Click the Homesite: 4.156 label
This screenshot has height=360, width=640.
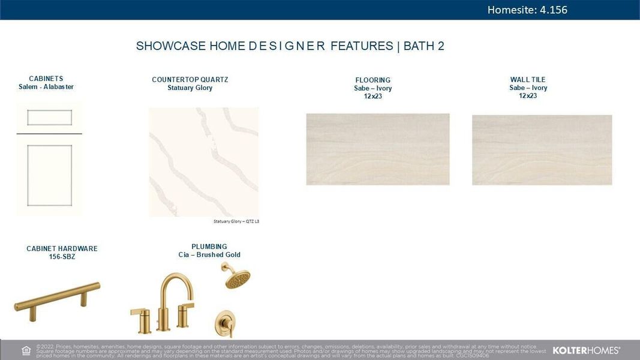[527, 10]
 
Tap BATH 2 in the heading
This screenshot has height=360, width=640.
[424, 46]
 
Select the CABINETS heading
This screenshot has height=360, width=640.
[46, 79]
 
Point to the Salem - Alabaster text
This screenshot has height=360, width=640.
[46, 87]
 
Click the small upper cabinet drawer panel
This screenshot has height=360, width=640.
[49, 118]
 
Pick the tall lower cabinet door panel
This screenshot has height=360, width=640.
[49, 175]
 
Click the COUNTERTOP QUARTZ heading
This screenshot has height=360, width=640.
[190, 80]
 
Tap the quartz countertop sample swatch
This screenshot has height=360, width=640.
[203, 162]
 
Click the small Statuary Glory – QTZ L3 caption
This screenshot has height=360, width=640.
[236, 221]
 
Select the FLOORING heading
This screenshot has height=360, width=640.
[372, 80]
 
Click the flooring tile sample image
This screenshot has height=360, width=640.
[377, 149]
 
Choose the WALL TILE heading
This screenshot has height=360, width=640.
[528, 80]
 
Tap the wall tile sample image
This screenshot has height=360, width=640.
[542, 150]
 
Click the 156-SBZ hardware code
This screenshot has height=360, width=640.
[62, 257]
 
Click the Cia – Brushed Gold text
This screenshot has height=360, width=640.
[209, 255]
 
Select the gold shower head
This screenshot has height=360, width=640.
[235, 276]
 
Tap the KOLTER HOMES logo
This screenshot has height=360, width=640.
[586, 350]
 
